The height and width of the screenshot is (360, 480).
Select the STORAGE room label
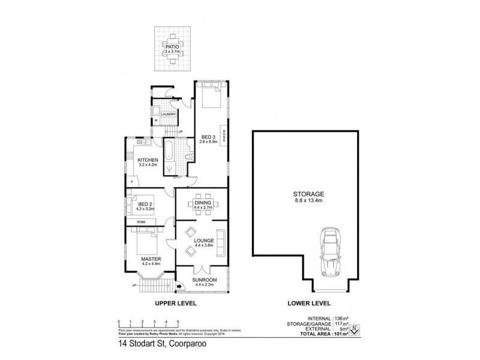coord(309,194)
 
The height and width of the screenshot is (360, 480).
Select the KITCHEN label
coord(148,160)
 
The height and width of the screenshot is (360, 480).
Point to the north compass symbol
coord(356,329)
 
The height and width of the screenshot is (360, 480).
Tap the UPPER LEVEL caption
coord(176,304)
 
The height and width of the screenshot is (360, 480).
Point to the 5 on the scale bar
coord(178,322)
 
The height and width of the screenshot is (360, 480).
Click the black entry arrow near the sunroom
coord(181,286)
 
